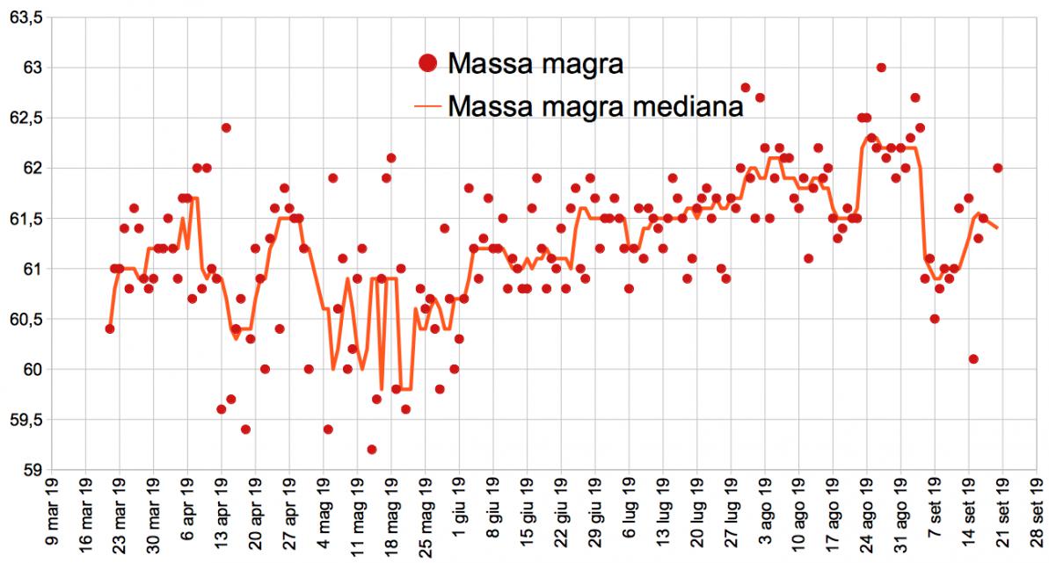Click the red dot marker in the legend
[428, 62]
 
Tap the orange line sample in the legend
[428, 106]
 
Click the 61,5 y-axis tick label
[26, 219]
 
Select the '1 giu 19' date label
[449, 518]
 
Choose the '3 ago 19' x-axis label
[755, 518]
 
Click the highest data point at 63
[881, 68]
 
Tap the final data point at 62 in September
[998, 168]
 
